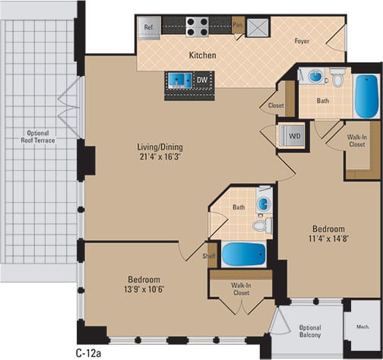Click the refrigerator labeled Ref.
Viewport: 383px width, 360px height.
pyautogui.click(x=148, y=27)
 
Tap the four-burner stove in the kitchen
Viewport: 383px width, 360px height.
pyautogui.click(x=198, y=27)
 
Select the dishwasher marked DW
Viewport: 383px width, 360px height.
pyautogui.click(x=202, y=78)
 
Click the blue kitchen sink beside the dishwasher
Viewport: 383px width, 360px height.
pyautogui.click(x=179, y=78)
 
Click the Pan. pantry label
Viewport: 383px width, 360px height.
pyautogui.click(x=238, y=24)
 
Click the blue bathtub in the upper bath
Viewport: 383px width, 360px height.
pyautogui.click(x=366, y=94)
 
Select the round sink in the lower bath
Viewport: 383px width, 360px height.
pyautogui.click(x=264, y=204)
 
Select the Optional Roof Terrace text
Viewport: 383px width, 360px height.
pyautogui.click(x=39, y=135)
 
